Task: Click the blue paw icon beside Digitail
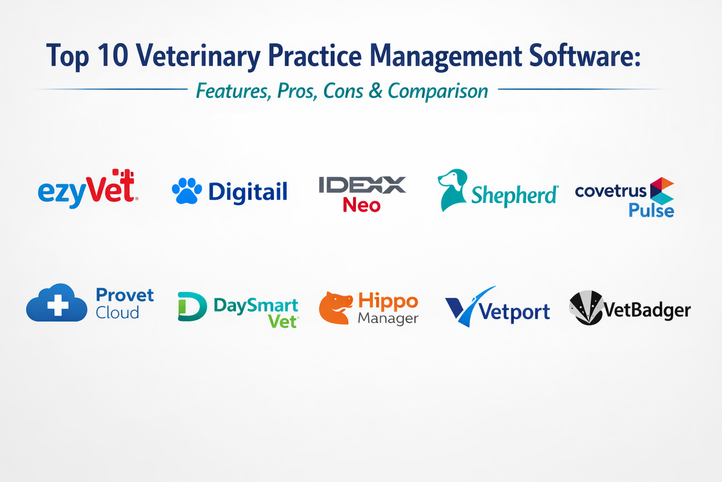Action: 187,191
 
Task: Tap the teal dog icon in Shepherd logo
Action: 452,189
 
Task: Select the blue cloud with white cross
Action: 57,304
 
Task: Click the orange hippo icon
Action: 335,308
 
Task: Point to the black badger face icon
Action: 586,308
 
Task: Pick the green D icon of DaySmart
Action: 192,307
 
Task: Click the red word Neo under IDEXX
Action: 361,205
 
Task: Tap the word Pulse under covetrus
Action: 651,210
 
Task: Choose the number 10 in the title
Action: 113,56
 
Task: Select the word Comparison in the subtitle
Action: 438,91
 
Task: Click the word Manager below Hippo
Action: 388,319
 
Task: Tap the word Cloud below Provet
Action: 118,313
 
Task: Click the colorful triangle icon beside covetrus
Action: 661,191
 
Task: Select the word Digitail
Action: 248,192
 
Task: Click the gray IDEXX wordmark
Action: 362,185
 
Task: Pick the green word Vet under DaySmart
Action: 283,321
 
